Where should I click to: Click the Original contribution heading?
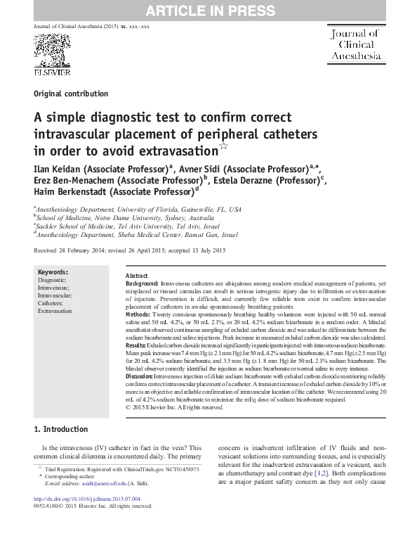click(x=71, y=94)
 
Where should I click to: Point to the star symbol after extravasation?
click(x=224, y=147)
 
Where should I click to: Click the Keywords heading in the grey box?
click(x=53, y=272)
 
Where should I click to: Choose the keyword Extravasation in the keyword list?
click(x=55, y=310)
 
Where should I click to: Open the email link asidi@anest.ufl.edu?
click(x=93, y=484)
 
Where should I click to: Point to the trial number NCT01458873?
click(x=178, y=468)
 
